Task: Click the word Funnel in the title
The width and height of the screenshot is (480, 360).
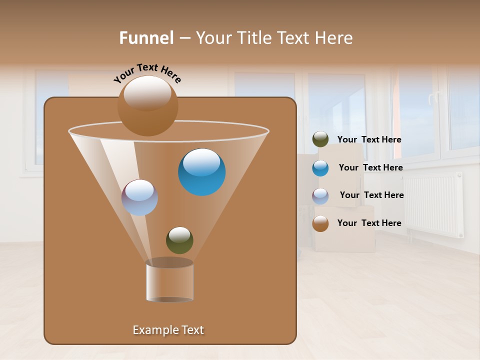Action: point(146,38)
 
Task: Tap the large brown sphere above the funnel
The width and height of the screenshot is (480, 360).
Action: point(147,106)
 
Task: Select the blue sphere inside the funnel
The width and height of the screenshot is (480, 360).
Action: point(201,172)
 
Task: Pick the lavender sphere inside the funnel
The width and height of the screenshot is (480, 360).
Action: point(139,197)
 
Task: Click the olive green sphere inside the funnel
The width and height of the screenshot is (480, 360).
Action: point(179,240)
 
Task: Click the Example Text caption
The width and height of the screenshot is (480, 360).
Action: point(168,330)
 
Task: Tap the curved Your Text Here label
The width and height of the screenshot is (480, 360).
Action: point(147,73)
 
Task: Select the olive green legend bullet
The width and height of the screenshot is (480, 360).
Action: point(320,139)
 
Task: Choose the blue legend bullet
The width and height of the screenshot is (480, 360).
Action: point(320,168)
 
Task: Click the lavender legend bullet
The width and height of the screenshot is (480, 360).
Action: point(320,196)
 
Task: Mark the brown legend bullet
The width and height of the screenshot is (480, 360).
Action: point(320,223)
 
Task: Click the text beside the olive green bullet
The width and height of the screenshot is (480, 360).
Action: point(369,140)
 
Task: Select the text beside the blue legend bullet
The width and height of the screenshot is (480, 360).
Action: point(370,168)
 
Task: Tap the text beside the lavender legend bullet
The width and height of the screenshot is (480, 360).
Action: point(371,195)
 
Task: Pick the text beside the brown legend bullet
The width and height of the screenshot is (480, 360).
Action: point(369,223)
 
